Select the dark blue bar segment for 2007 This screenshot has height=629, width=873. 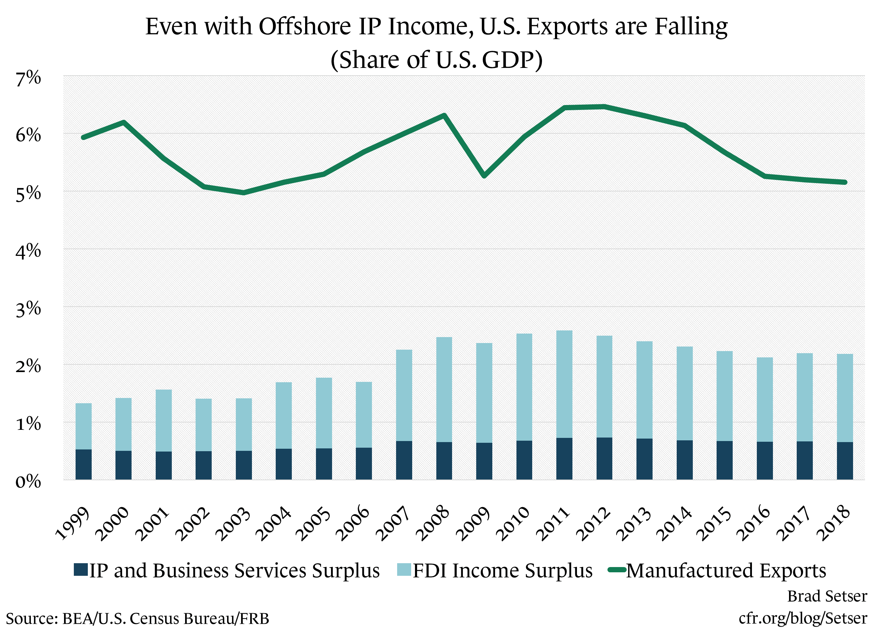click(404, 460)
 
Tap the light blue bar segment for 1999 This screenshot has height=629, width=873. click(84, 426)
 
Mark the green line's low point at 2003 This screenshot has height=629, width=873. click(244, 193)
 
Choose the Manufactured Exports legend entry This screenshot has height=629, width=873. click(726, 571)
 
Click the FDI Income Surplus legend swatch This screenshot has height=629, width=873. click(404, 570)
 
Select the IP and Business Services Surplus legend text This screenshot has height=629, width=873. click(234, 571)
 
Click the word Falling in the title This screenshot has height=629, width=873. click(691, 27)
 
